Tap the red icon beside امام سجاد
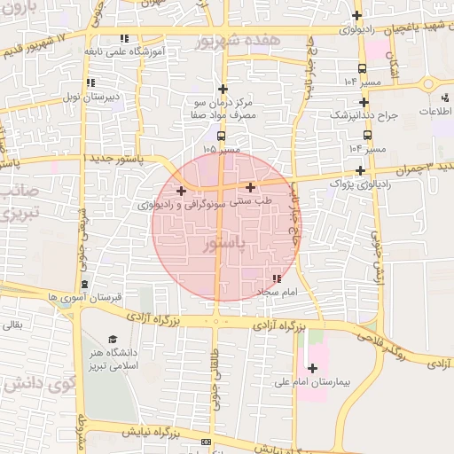tap(277, 278)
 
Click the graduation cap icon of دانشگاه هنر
tap(113, 339)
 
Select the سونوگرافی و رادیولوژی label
tap(180, 204)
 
